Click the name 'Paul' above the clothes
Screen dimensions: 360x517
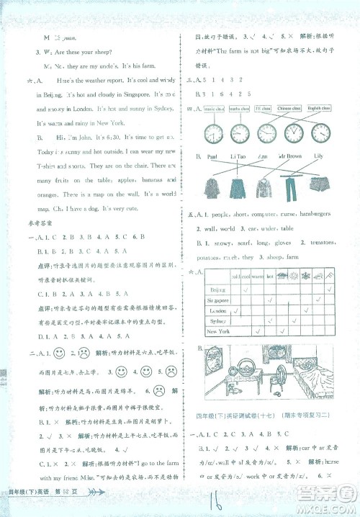pos(212,156)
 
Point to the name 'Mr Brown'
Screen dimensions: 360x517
pos(292,156)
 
